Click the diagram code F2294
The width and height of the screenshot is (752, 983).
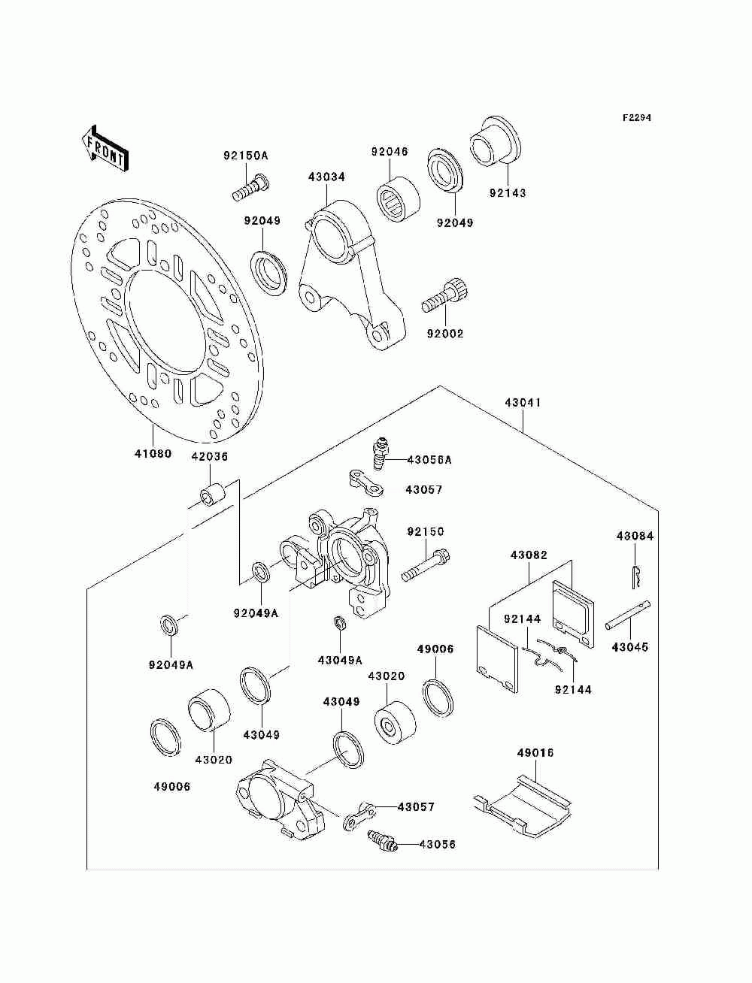pos(636,118)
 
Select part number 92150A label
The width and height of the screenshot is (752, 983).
pos(246,156)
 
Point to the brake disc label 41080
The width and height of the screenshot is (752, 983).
pos(153,454)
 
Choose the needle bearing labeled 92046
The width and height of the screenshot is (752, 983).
pos(397,199)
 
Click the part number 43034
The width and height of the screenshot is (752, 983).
pos(326,177)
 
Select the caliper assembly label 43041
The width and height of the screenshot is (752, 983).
pos(523,403)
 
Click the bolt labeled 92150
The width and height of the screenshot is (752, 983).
pos(425,566)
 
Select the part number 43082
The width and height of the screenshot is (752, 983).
pos(529,555)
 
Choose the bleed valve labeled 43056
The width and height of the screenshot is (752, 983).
pos(382,845)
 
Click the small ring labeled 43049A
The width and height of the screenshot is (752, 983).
pos(340,622)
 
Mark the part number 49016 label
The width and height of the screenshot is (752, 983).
pos(535,753)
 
